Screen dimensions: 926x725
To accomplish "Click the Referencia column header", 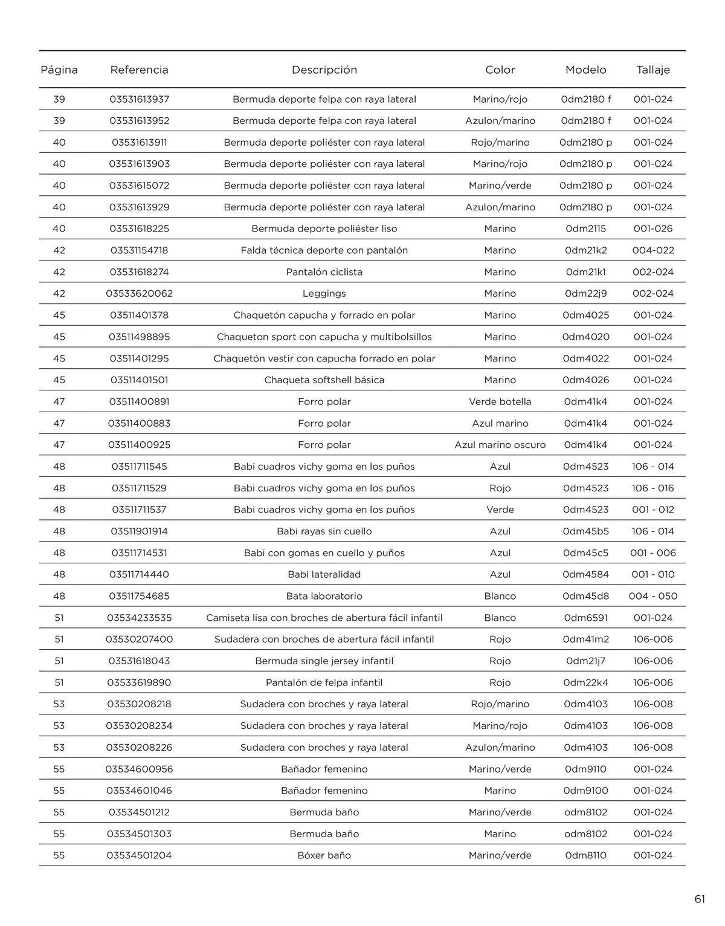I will point(139,70).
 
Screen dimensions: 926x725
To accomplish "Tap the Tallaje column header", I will point(653,70).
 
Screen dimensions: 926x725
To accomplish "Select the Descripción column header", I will point(324,70).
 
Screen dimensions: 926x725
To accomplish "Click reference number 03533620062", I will point(139,294).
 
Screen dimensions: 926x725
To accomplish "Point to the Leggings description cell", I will point(324,294).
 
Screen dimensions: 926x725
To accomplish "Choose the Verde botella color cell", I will point(500,402).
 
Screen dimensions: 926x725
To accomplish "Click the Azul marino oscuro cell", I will point(500,445).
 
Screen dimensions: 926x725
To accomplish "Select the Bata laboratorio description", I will point(324,596).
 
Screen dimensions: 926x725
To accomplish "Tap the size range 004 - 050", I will point(653,596).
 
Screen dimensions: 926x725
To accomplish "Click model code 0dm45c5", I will point(586,553).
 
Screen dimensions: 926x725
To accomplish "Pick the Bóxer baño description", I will point(324,855).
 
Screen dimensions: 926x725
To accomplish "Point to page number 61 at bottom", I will point(700,899).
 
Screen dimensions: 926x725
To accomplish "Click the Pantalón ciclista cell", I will point(324,272).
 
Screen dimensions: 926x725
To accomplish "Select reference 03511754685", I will point(139,596).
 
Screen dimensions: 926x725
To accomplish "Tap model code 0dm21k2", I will point(586,250).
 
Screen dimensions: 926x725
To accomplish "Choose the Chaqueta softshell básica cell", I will point(324,380).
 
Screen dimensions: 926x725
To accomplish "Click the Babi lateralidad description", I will point(324,574).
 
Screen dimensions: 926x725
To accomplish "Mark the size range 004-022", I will point(653,250).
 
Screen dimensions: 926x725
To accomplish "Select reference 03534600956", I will point(139,769).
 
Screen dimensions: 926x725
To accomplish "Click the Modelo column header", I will point(586,70).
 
